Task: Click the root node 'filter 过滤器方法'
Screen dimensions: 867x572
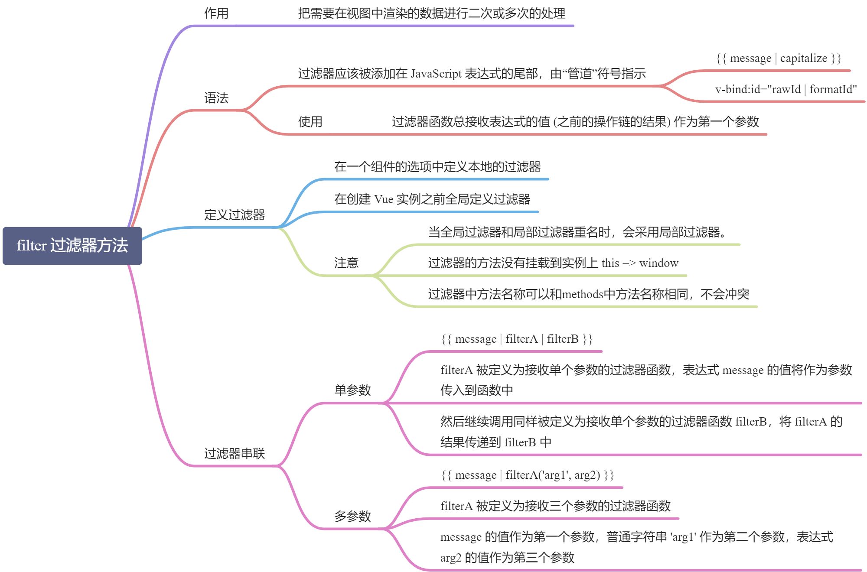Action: pos(72,246)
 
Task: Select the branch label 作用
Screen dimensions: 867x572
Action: pos(216,13)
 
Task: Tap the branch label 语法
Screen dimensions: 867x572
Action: pos(216,98)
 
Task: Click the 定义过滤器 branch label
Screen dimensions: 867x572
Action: pos(235,214)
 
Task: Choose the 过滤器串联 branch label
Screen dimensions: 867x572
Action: pos(235,454)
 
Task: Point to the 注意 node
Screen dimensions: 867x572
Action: pos(346,263)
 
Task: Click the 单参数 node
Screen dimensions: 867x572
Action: pos(352,390)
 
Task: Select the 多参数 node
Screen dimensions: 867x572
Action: pos(352,517)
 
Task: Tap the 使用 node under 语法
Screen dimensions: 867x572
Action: pos(310,122)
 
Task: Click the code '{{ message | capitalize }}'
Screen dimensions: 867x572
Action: pos(779,58)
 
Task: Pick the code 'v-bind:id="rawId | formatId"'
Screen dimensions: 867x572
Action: pos(786,90)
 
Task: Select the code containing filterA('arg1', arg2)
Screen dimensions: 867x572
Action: pos(527,475)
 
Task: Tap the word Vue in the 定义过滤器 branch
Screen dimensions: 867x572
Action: pos(384,199)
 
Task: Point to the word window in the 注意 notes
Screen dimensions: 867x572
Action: pos(658,263)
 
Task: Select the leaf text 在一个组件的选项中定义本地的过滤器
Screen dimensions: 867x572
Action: pos(437,167)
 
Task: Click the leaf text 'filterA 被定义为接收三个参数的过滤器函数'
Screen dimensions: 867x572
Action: pos(555,506)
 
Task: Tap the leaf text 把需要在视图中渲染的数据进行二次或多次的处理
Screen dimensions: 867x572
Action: pos(431,13)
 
